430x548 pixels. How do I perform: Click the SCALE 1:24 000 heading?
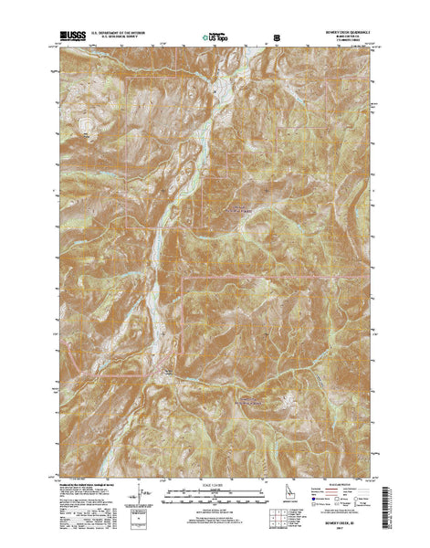tap(215, 482)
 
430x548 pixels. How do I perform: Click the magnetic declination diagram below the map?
tap(143, 491)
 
